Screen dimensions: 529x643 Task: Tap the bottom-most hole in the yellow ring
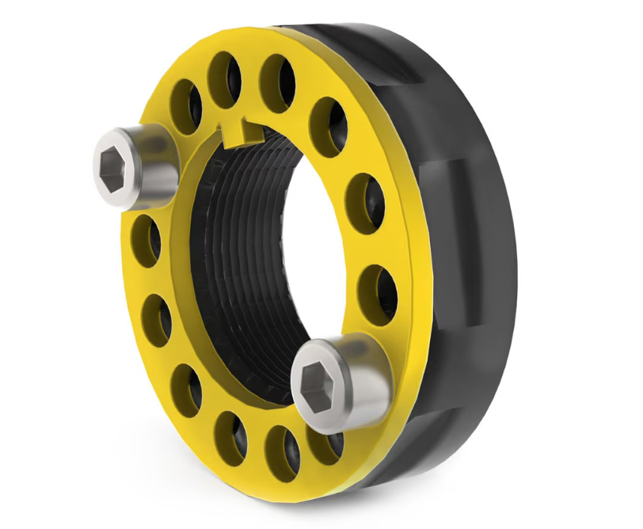tap(278, 451)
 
